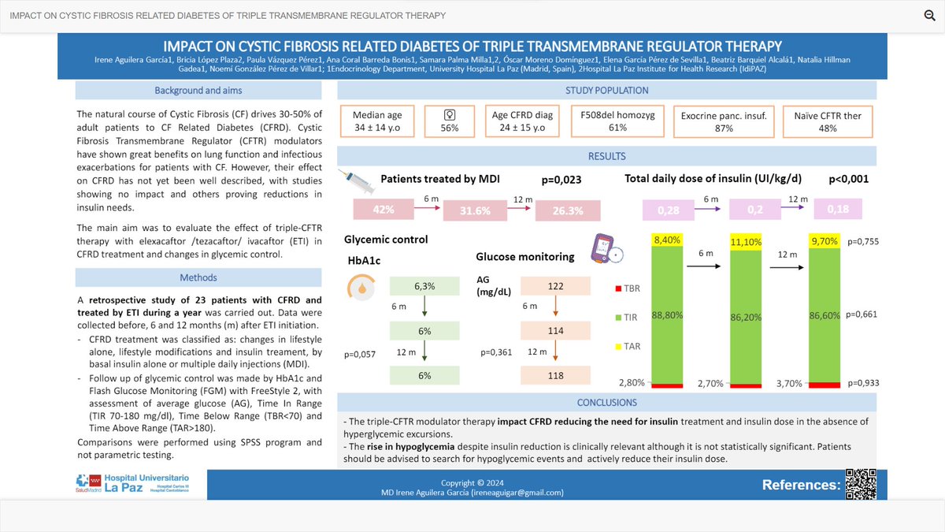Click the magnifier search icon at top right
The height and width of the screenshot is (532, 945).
click(x=928, y=16)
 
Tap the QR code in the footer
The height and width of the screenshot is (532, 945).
click(x=861, y=483)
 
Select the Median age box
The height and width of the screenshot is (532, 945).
click(x=377, y=121)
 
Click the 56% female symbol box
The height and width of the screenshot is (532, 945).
click(x=450, y=121)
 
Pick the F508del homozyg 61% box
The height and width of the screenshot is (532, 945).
click(x=606, y=121)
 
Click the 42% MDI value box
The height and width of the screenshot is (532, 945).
click(x=384, y=210)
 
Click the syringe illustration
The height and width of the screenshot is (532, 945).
click(x=359, y=184)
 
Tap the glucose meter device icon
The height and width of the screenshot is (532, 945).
click(x=603, y=247)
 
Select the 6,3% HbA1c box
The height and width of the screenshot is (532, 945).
click(x=424, y=286)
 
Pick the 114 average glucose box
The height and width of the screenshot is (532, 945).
click(x=556, y=331)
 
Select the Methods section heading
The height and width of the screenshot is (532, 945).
click(x=198, y=278)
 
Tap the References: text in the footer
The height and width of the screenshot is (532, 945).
click(x=801, y=485)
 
